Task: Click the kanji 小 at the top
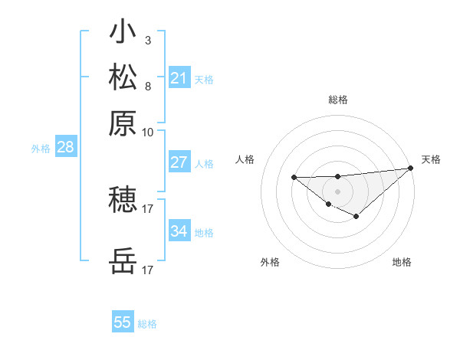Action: click(x=123, y=34)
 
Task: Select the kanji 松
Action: click(x=123, y=78)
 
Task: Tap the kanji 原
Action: click(x=123, y=123)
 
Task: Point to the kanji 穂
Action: click(x=123, y=200)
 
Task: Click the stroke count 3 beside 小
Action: click(x=147, y=41)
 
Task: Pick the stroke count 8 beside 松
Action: click(x=147, y=85)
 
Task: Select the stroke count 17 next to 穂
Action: click(x=148, y=208)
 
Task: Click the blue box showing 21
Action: click(x=179, y=78)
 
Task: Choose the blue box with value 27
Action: click(x=179, y=162)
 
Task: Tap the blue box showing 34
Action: click(x=179, y=231)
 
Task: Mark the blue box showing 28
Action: click(x=65, y=148)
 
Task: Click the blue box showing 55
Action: click(x=123, y=322)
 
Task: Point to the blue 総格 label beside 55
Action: click(x=147, y=324)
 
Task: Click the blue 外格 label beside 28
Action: click(x=41, y=149)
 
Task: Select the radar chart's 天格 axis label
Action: click(x=431, y=159)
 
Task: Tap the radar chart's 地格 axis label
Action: click(x=402, y=263)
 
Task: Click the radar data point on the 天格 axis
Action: click(x=411, y=169)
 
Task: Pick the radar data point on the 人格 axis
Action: click(x=294, y=178)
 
